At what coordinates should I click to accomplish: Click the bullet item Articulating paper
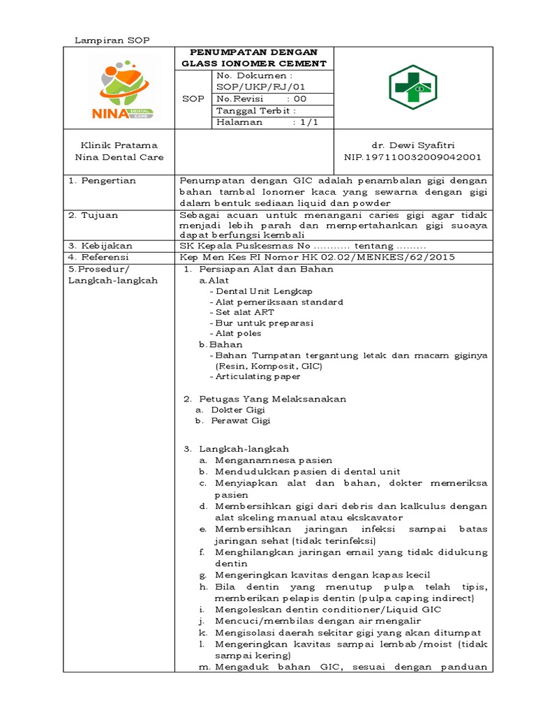(x=258, y=376)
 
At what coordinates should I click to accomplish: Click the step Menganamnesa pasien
(x=274, y=460)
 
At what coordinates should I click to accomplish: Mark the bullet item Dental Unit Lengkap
(x=265, y=290)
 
